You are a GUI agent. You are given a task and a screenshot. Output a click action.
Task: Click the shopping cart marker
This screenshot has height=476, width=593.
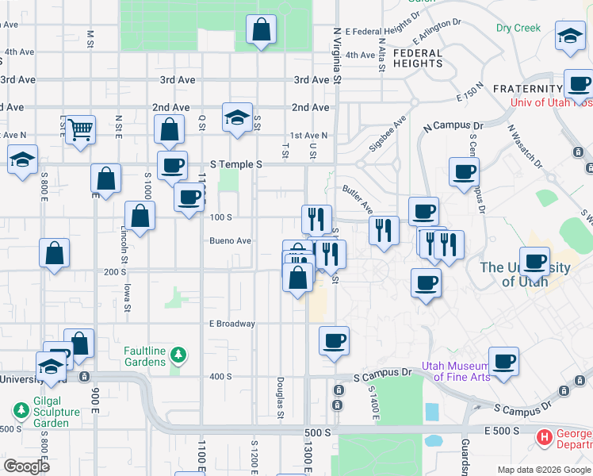(x=80, y=129)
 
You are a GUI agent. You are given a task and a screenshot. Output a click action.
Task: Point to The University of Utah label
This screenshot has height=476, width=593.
(x=525, y=274)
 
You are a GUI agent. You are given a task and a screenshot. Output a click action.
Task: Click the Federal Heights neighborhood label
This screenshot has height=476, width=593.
(x=418, y=58)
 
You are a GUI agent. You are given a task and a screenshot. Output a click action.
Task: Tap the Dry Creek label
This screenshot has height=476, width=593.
(x=518, y=28)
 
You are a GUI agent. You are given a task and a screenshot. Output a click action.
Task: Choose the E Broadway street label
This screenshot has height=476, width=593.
(x=231, y=324)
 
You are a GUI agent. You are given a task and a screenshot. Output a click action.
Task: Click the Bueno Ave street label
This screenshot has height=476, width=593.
(x=230, y=240)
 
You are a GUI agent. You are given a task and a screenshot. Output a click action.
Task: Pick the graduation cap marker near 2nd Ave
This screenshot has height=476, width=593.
(x=237, y=117)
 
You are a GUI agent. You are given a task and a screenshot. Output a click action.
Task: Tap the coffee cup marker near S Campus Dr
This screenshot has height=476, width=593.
(x=503, y=362)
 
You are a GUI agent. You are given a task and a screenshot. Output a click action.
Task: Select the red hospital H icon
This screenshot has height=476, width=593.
(x=545, y=436)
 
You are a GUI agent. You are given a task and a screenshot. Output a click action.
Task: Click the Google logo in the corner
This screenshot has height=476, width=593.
(x=25, y=466)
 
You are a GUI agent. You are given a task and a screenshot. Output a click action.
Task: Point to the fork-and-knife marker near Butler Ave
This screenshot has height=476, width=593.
(x=384, y=231)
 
